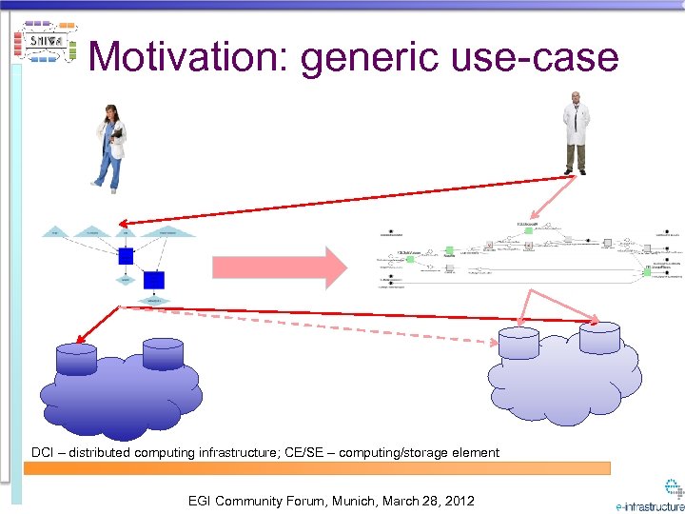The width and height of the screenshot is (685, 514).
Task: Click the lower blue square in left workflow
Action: click(x=154, y=280)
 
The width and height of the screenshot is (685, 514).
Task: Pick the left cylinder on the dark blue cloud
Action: click(x=77, y=359)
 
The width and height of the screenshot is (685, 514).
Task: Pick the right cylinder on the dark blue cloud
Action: click(x=164, y=353)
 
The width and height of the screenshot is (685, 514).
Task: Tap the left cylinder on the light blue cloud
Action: click(x=519, y=344)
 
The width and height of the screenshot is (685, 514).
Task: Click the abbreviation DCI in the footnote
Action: click(x=43, y=452)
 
